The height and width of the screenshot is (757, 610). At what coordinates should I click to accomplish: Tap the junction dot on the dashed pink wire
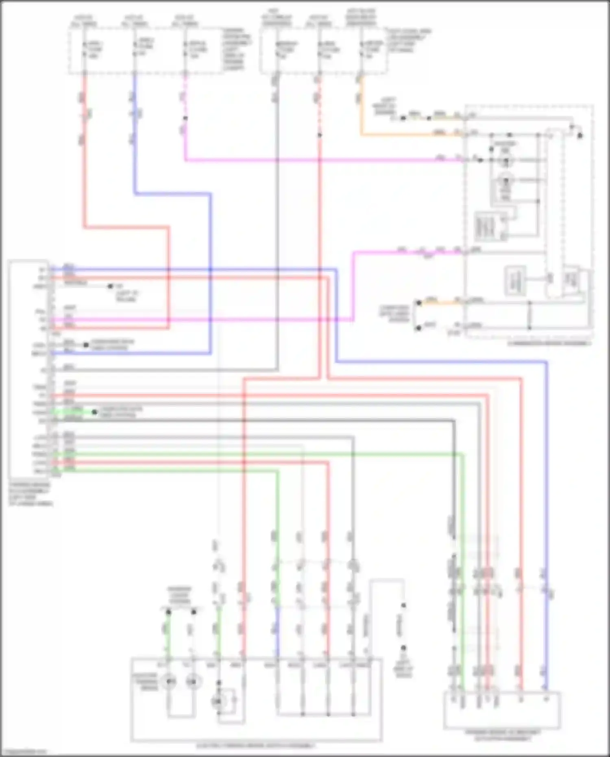(185, 118)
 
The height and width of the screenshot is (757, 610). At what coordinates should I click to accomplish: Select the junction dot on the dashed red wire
(320, 135)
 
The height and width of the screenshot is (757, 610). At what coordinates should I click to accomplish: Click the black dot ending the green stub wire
(94, 412)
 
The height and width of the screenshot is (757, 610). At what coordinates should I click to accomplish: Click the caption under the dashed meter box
(549, 343)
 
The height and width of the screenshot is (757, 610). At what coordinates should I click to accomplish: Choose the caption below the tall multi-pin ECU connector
(30, 494)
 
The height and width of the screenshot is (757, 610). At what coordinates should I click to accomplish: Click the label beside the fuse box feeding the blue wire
(237, 49)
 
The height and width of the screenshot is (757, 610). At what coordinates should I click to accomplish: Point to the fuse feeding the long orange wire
(361, 49)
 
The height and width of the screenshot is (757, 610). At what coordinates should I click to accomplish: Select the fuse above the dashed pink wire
(185, 49)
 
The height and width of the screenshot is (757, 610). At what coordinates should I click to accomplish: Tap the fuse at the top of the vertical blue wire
(135, 48)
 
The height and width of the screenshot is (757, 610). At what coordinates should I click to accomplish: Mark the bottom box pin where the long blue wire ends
(547, 699)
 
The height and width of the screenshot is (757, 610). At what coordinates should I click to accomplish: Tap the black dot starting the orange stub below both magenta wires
(418, 303)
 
